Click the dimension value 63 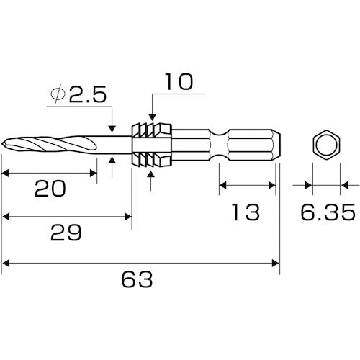[137, 279]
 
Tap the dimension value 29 [66, 233]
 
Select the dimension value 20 [50, 189]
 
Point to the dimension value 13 [246, 212]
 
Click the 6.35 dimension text [328, 212]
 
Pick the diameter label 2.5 [88, 94]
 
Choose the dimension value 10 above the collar [179, 82]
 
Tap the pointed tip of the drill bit [2, 145]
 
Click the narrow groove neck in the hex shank [219, 145]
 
